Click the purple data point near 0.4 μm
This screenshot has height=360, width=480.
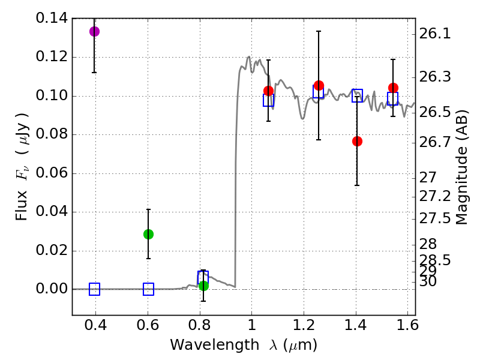[x=94, y=31]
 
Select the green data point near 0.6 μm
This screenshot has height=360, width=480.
[x=148, y=234]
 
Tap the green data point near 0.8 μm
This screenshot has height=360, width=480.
[x=203, y=286]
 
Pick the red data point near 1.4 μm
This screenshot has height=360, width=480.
[x=357, y=141]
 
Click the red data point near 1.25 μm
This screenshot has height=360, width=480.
[x=319, y=86]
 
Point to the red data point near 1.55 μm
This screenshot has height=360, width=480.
[x=393, y=88]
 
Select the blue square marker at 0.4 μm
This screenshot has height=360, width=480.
[x=94, y=289]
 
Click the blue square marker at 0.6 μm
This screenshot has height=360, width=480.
[x=148, y=289]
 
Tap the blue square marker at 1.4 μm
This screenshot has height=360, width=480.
[x=357, y=95]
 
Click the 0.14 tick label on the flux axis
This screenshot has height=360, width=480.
[x=53, y=19]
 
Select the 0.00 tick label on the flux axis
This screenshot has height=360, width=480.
[x=53, y=289]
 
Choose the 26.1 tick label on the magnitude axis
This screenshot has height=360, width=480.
[x=434, y=34]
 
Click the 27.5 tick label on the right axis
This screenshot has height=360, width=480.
[x=434, y=218]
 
